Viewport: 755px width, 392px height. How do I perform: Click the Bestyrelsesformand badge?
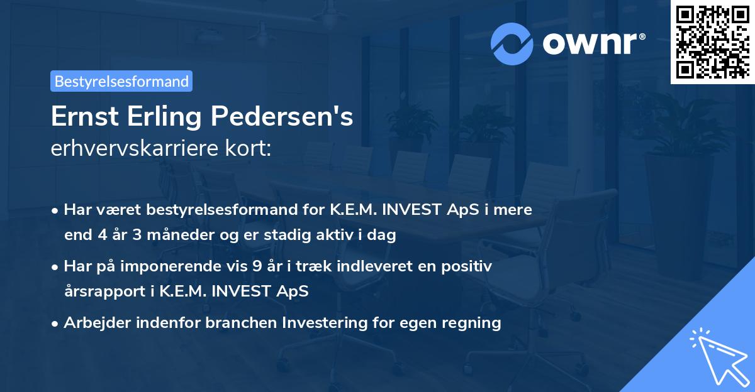(x=121, y=81)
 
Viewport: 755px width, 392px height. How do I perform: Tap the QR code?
(x=712, y=41)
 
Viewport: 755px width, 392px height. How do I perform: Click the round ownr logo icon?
(x=512, y=43)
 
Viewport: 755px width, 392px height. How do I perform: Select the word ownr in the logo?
(x=590, y=43)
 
